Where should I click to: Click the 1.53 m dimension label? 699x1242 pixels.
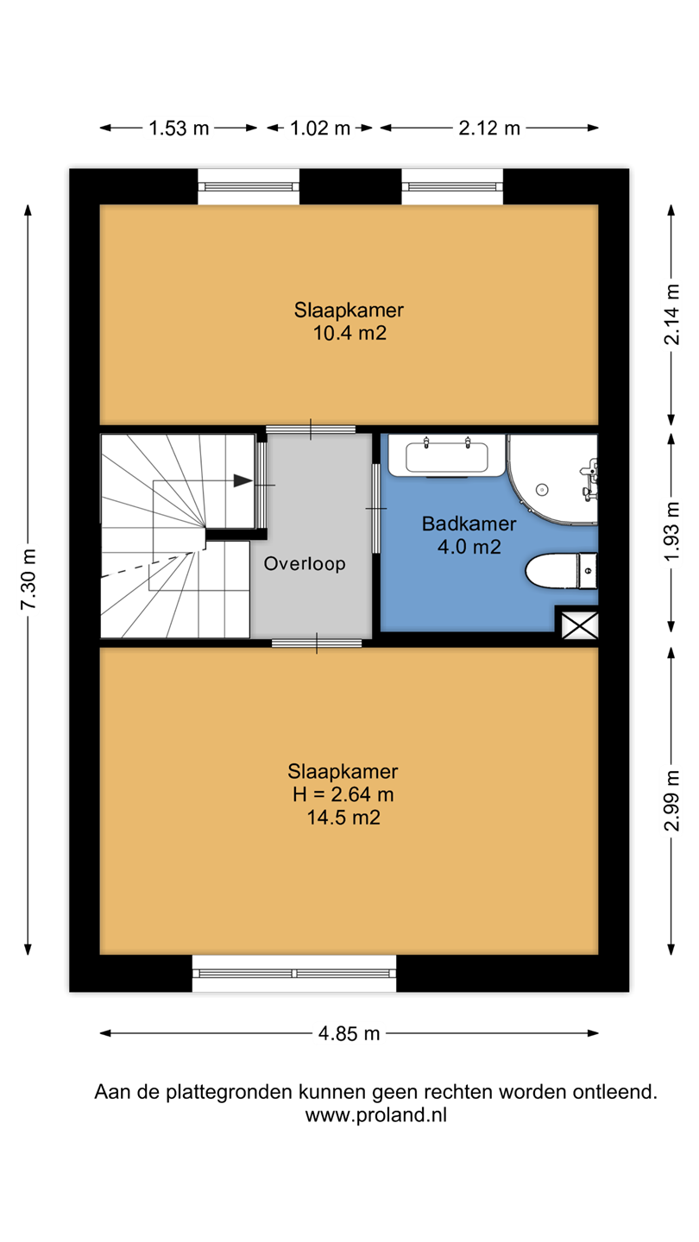(179, 129)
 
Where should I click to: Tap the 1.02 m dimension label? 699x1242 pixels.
(320, 129)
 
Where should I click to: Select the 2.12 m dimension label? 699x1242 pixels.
(489, 129)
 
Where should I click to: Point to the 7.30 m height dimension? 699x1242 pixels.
(28, 580)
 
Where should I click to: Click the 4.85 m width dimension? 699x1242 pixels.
(349, 1033)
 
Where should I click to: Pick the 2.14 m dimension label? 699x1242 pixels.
(671, 314)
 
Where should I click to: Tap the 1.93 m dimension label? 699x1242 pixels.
(671, 531)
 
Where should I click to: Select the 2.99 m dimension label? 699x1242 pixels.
(671, 800)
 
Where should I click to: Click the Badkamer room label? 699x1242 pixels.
(469, 524)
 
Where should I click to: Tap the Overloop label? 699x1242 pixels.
(305, 564)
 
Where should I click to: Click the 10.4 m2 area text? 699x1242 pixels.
(349, 333)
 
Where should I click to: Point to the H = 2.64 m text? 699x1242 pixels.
(343, 794)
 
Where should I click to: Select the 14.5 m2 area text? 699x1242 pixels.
(344, 818)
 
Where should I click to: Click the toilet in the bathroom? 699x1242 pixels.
(561, 571)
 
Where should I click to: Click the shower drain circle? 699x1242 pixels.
(542, 490)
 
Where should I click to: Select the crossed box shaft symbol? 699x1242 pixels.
(580, 625)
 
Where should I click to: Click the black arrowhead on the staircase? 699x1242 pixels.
(243, 480)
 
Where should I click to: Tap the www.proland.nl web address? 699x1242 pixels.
(375, 1115)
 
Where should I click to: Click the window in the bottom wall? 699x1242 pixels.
(294, 974)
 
